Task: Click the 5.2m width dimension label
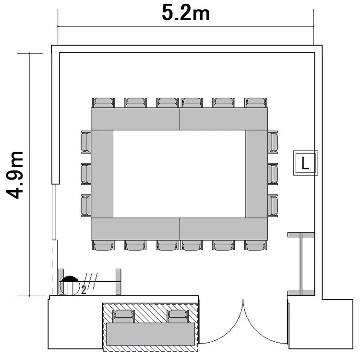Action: (186, 13)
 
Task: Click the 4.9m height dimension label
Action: (15, 175)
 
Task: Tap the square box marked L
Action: (305, 163)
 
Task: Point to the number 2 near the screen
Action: (84, 290)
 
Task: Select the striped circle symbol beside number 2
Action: (70, 286)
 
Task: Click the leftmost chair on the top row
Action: (104, 103)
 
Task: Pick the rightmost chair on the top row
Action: (256, 103)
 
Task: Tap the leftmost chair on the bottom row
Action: (103, 245)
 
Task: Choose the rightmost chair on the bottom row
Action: (256, 245)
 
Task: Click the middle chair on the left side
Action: (86, 174)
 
